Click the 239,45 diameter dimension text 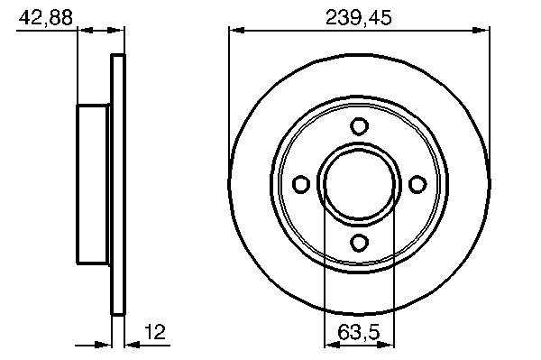click(x=359, y=17)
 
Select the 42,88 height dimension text click(x=46, y=17)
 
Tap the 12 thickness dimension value click(x=155, y=331)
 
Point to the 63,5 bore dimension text click(x=359, y=332)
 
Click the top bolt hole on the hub click(x=359, y=126)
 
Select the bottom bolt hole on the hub click(x=359, y=243)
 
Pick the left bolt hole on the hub click(x=301, y=184)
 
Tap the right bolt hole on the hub click(x=417, y=184)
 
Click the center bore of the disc click(x=359, y=184)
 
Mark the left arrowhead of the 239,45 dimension click(x=237, y=31)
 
